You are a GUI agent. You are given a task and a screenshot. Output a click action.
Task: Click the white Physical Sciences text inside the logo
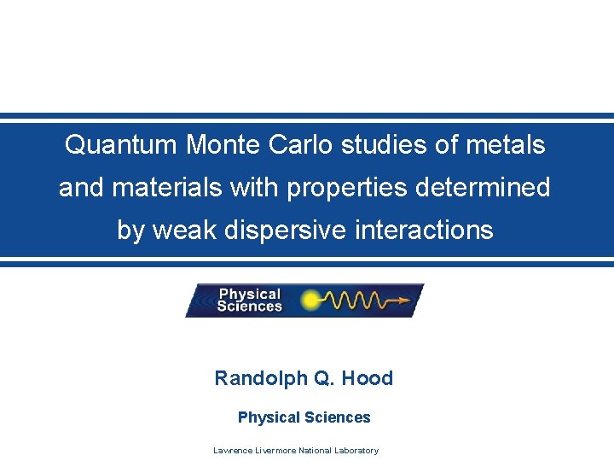(x=249, y=301)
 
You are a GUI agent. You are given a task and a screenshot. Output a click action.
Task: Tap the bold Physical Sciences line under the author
(x=304, y=417)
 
